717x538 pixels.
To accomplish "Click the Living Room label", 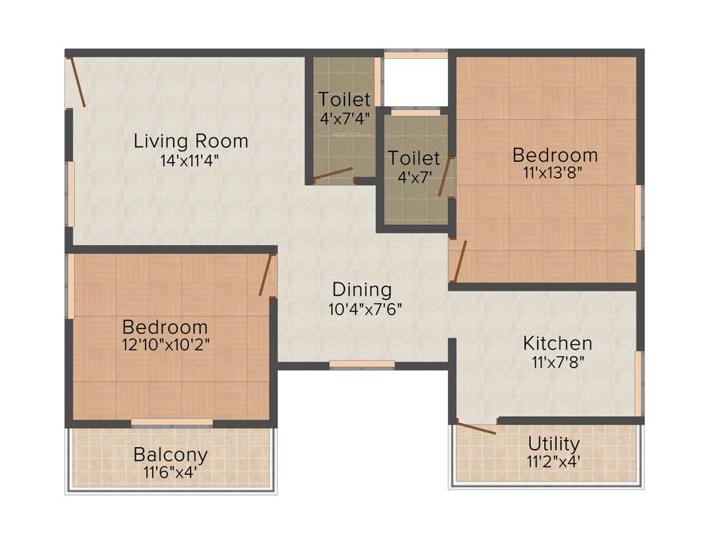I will (x=190, y=141).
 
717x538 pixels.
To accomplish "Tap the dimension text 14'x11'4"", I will (x=190, y=160).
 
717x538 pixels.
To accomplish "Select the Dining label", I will (x=361, y=289).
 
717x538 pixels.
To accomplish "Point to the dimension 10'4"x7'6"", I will (x=365, y=308).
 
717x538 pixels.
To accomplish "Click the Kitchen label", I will (x=557, y=343).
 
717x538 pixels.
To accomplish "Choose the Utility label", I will (x=553, y=443).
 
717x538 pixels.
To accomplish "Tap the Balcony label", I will (x=170, y=455).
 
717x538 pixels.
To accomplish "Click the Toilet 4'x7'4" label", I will (x=344, y=99).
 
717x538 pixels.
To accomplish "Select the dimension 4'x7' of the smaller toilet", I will (x=414, y=177).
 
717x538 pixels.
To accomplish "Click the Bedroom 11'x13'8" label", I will (x=555, y=154).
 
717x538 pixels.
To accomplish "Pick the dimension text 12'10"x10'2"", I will (x=165, y=345).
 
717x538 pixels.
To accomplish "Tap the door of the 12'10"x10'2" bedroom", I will (x=265, y=275).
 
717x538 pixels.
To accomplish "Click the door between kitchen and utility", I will (x=475, y=427).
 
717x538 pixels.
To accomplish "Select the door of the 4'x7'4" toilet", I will (x=333, y=174).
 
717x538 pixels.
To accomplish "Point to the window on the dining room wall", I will (x=362, y=364).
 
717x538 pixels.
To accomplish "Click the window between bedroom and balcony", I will (x=172, y=422).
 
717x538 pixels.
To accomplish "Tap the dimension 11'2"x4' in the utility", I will (x=553, y=462).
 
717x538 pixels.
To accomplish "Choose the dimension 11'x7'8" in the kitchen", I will (x=557, y=362).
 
